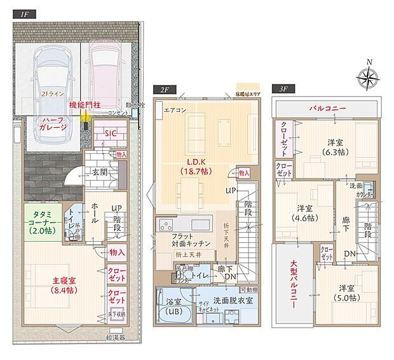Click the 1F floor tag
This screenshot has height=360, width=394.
tap(25, 14)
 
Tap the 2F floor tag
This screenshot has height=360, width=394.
tap(164, 90)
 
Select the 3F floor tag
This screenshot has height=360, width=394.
tap(282, 90)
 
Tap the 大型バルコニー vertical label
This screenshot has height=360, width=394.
tap(294, 283)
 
